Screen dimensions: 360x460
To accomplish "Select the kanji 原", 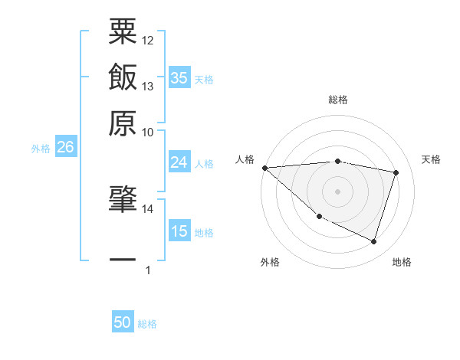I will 123,123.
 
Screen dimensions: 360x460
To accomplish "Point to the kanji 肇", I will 123,201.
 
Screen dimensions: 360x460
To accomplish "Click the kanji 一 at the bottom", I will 123,260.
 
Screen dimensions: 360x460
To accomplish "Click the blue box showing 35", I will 179,77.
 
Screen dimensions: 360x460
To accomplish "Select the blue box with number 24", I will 179,162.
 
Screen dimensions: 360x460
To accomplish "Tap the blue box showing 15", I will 179,231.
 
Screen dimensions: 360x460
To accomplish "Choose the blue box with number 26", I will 65,148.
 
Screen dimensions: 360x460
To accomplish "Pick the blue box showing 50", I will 123,322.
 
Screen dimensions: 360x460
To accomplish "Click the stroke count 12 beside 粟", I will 148,40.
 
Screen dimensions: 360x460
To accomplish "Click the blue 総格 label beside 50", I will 147,324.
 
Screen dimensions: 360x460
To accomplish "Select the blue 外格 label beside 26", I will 41,149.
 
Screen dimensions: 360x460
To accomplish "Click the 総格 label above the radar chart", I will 338,100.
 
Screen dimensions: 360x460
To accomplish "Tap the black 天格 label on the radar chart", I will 432,159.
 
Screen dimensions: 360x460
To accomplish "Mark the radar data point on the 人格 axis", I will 264,168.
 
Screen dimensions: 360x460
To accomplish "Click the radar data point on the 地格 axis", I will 373,241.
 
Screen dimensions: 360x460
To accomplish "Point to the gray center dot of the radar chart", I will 338,191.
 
